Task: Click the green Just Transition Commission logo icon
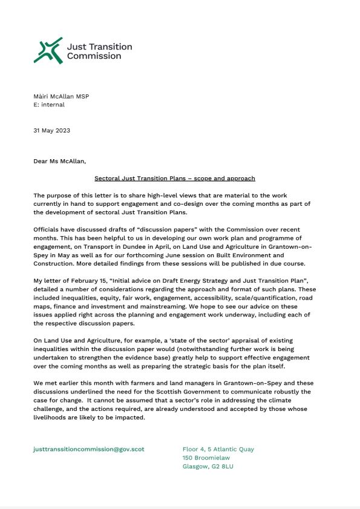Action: click(x=48, y=50)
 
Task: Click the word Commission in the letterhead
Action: click(x=94, y=56)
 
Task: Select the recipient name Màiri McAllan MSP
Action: click(x=61, y=96)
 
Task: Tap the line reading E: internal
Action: click(x=49, y=104)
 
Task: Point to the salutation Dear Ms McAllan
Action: click(x=60, y=162)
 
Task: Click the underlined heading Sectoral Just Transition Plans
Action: click(x=175, y=179)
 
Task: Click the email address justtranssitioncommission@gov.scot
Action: click(x=89, y=449)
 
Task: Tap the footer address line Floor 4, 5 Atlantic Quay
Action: click(x=218, y=449)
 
